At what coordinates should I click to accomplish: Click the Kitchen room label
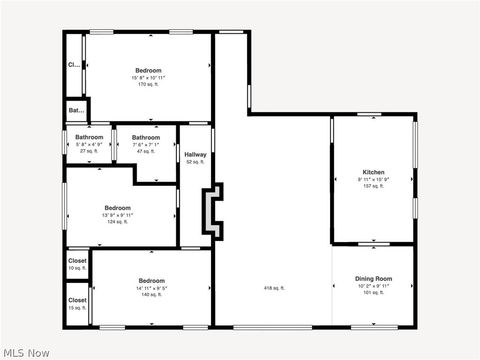point(373,172)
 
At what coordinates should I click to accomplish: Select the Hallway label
point(195,154)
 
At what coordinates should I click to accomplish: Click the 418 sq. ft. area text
point(274,288)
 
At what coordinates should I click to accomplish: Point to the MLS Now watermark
point(27,352)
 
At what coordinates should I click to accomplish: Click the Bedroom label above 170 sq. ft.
point(149,70)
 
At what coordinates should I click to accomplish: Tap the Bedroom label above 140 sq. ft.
point(152,280)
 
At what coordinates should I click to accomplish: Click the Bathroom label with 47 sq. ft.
point(146,137)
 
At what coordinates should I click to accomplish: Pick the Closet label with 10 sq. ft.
point(77,261)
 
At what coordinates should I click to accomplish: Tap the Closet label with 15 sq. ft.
point(77,300)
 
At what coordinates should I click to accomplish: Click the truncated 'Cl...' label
point(74,65)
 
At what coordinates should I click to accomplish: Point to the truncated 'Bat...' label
point(76,110)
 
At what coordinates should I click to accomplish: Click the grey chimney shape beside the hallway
point(212,211)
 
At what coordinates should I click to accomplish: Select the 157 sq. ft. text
point(373,187)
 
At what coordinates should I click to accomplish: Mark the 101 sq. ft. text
point(373,292)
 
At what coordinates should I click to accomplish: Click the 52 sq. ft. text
point(195,162)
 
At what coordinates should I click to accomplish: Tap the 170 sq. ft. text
point(149,84)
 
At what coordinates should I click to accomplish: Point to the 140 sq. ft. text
point(152,295)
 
